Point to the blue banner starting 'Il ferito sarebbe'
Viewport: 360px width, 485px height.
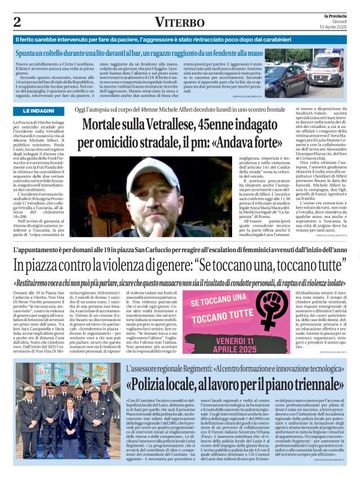[180, 40]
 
